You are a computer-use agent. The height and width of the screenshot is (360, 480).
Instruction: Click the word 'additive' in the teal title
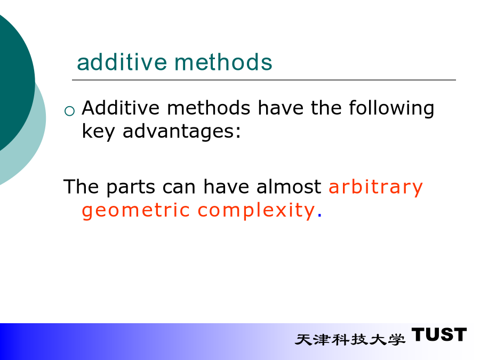pyautogui.click(x=122, y=62)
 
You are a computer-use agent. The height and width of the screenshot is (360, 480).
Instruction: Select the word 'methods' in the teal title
pyautogui.click(x=223, y=62)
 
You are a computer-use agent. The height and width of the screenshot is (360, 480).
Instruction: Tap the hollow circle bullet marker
pyautogui.click(x=69, y=111)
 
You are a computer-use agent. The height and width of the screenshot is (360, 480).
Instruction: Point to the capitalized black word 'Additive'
pyautogui.click(x=121, y=108)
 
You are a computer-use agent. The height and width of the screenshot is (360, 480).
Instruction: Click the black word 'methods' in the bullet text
pyautogui.click(x=209, y=108)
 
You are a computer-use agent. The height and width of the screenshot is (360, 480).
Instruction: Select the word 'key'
pyautogui.click(x=98, y=132)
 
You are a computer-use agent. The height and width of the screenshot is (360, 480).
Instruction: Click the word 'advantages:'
pyautogui.click(x=181, y=132)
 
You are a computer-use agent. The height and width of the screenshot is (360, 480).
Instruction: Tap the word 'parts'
pyautogui.click(x=131, y=187)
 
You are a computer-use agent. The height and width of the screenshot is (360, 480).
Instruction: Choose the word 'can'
pyautogui.click(x=179, y=187)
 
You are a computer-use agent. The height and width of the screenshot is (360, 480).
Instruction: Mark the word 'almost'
pyautogui.click(x=289, y=187)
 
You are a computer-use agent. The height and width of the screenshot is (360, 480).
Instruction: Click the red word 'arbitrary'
pyautogui.click(x=375, y=187)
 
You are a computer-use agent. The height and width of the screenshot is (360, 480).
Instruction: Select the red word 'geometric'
pyautogui.click(x=135, y=211)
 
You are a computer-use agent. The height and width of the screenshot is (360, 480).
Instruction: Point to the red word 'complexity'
pyautogui.click(x=256, y=211)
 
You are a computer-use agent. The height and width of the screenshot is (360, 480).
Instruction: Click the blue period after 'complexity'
pyautogui.click(x=319, y=216)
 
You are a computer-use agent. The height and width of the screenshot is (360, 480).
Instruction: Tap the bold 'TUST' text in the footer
pyautogui.click(x=439, y=334)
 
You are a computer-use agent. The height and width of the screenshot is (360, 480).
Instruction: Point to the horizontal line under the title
pyautogui.click(x=264, y=80)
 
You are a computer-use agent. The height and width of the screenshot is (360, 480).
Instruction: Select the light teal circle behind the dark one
pyautogui.click(x=38, y=135)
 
